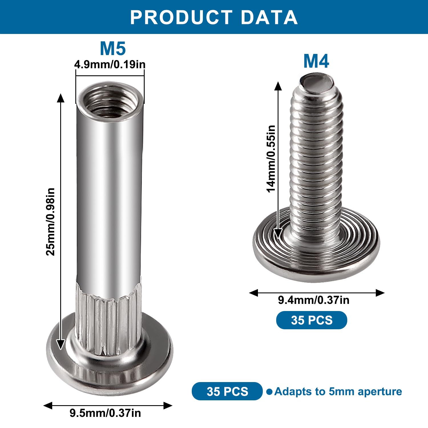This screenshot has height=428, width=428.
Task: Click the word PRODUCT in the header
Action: tap(181, 17)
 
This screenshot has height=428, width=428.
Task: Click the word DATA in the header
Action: tap(269, 17)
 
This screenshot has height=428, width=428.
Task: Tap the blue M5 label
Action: tap(113, 49)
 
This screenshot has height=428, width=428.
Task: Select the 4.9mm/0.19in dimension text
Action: tap(110, 64)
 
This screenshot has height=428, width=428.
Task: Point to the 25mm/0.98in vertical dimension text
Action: tap(50, 222)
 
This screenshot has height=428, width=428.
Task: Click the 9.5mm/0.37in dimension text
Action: tap(105, 413)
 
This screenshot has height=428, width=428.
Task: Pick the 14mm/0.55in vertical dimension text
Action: tap(271, 159)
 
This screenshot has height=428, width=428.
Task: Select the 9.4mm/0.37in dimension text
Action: tap(314, 300)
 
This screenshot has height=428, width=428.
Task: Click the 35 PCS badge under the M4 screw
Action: tap(312, 320)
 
